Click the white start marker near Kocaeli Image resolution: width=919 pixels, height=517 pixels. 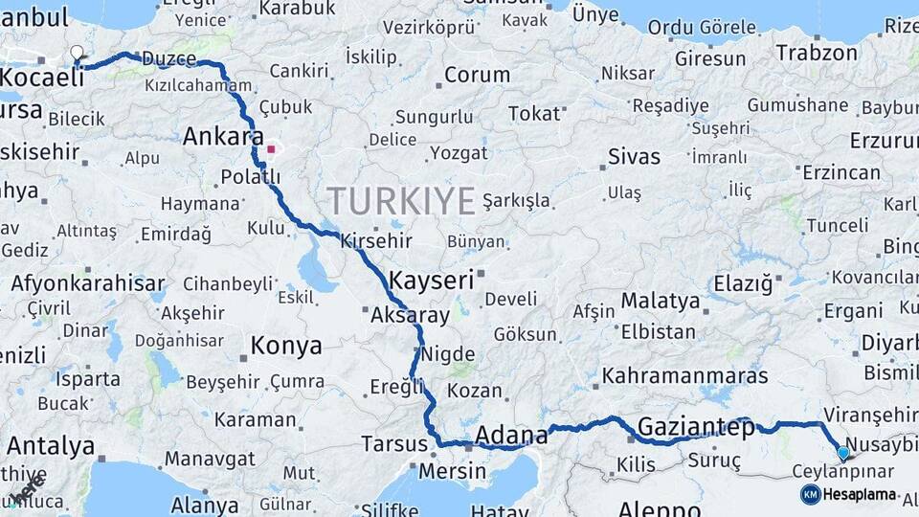[x=78, y=54]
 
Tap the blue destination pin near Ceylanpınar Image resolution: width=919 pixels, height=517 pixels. [x=842, y=453]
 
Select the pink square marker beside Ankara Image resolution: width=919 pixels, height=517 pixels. [x=271, y=149]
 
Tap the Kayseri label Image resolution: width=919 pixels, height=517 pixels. [x=433, y=281]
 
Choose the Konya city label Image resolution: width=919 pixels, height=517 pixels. [x=286, y=346]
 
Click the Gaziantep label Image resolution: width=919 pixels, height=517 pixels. [x=696, y=427]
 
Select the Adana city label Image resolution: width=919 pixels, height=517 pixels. [x=511, y=436]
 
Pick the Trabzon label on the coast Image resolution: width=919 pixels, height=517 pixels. [x=817, y=53]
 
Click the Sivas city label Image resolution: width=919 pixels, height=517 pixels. [x=634, y=156]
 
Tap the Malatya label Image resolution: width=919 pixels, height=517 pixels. [x=661, y=301]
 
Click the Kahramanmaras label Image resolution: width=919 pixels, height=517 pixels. [x=684, y=375]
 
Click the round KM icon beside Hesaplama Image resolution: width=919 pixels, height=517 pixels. [x=810, y=495]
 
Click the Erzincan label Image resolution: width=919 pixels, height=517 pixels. [x=841, y=172]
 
